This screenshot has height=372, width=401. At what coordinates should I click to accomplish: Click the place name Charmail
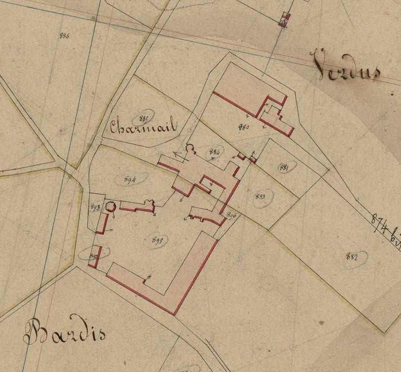(x=143, y=127)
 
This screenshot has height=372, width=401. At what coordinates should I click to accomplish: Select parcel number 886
(x=64, y=35)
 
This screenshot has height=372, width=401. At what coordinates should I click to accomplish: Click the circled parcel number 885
(x=144, y=118)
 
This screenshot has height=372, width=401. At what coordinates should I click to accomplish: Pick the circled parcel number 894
(x=129, y=179)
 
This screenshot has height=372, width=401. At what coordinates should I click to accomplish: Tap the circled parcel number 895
(x=157, y=239)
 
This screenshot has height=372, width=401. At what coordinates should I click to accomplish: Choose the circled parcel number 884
(x=214, y=152)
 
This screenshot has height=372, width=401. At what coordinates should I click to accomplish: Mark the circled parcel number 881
(x=285, y=168)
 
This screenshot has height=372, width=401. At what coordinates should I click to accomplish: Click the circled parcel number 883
(x=261, y=197)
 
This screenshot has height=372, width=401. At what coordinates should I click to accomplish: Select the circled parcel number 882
(x=353, y=256)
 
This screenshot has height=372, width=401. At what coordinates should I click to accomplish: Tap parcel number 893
(x=95, y=207)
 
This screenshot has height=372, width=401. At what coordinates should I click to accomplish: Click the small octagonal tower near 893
(x=111, y=207)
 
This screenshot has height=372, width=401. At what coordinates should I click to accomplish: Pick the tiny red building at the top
(x=284, y=19)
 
